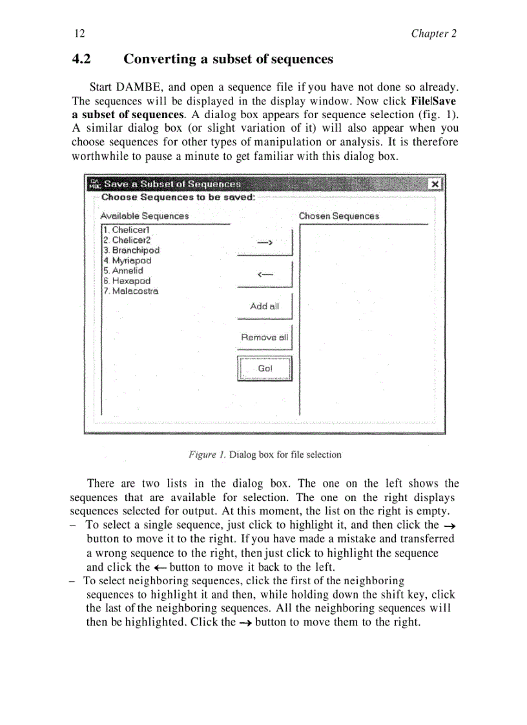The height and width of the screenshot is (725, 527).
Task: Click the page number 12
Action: coord(79,34)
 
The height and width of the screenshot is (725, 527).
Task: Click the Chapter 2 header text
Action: coord(433,34)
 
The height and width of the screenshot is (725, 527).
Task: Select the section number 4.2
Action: coord(81,59)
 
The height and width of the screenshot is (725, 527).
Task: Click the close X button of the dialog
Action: coord(435,184)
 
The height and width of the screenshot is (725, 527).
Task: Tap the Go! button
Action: coord(265,369)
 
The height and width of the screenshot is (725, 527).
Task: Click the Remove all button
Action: coord(264,337)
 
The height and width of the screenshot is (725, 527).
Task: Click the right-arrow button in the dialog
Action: coord(264,242)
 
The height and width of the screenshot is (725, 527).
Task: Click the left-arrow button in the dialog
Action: coord(264,274)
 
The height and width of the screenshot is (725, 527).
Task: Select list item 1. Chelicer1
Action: coord(127,230)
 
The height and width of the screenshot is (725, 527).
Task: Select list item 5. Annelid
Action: coord(123,271)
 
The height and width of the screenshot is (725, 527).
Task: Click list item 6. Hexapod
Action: coord(127,281)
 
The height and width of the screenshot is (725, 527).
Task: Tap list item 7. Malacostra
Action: coord(130,291)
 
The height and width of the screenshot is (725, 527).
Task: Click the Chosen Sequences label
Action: coord(338,216)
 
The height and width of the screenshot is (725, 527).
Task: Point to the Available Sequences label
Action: coord(145,216)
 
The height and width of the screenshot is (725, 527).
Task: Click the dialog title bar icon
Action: coord(94,184)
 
